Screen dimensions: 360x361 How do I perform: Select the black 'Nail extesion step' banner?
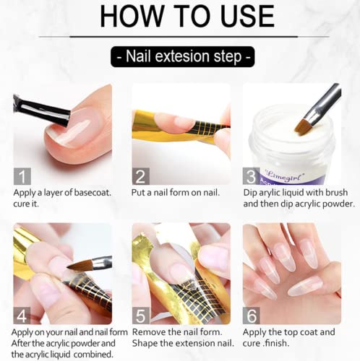pos(182,56)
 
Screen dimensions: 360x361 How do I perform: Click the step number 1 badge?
pos(22,176)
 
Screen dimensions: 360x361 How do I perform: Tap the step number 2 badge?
pos(141,176)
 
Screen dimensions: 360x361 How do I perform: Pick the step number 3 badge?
pos(252,176)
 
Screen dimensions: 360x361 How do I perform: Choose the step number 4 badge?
pos(22,316)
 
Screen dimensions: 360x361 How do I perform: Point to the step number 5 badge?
pos(141,316)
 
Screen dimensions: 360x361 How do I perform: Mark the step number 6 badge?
pos(252,316)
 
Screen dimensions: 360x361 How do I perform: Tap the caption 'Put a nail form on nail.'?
pos(176,193)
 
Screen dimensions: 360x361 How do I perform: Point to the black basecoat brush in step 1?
pos(42,110)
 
